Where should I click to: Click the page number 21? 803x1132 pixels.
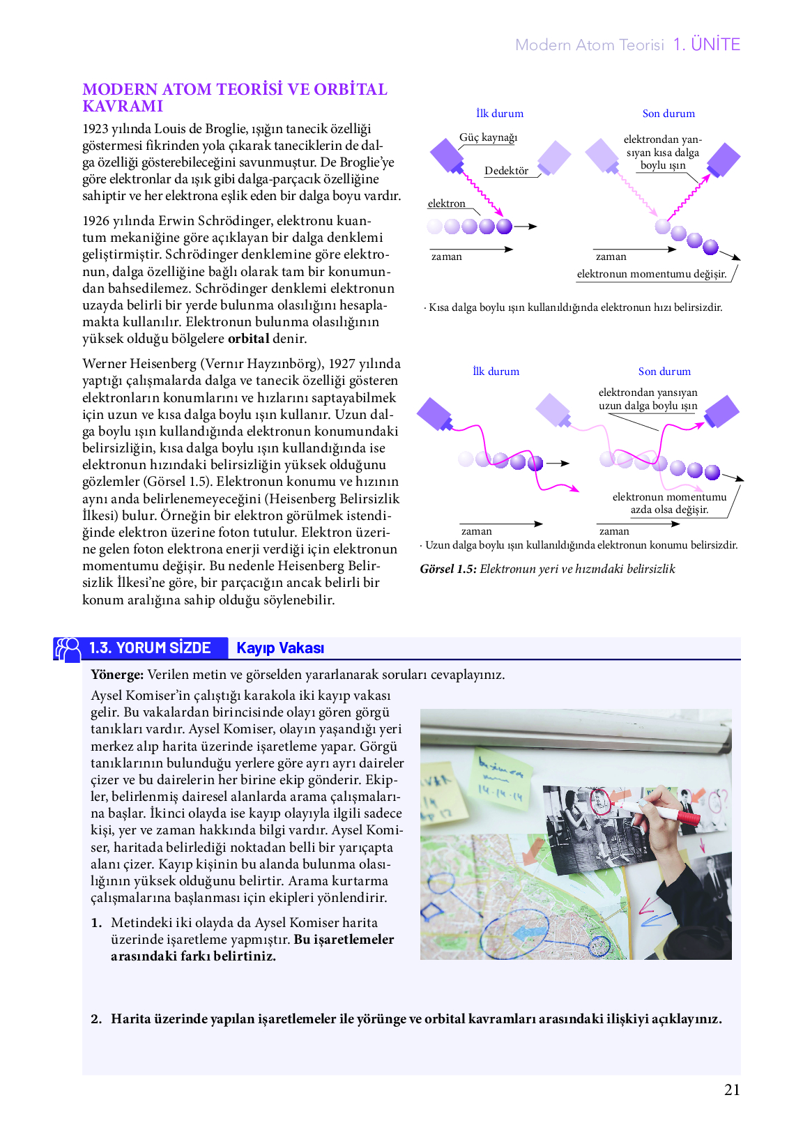pos(732,1090)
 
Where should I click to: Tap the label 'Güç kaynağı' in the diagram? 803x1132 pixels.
pos(488,137)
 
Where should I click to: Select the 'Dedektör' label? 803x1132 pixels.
pos(506,171)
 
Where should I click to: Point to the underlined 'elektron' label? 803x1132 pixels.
pos(446,204)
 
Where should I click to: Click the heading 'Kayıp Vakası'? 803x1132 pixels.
pos(280,648)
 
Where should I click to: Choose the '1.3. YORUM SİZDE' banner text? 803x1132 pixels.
pos(150,648)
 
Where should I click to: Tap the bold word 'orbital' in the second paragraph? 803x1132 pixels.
pos(248,339)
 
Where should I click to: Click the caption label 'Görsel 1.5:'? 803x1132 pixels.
pos(448,569)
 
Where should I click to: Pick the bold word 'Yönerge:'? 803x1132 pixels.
pos(117,675)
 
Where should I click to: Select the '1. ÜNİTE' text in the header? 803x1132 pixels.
pos(706,45)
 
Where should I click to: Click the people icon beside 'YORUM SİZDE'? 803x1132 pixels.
pos(68,649)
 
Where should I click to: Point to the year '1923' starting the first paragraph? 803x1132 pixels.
pos(96,129)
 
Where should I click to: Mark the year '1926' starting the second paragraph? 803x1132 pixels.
pos(96,221)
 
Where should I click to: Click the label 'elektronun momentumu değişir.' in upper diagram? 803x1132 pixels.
pos(651,274)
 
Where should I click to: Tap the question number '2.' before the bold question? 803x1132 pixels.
pos(96,1019)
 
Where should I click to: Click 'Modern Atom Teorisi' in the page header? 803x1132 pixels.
pos(589,45)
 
